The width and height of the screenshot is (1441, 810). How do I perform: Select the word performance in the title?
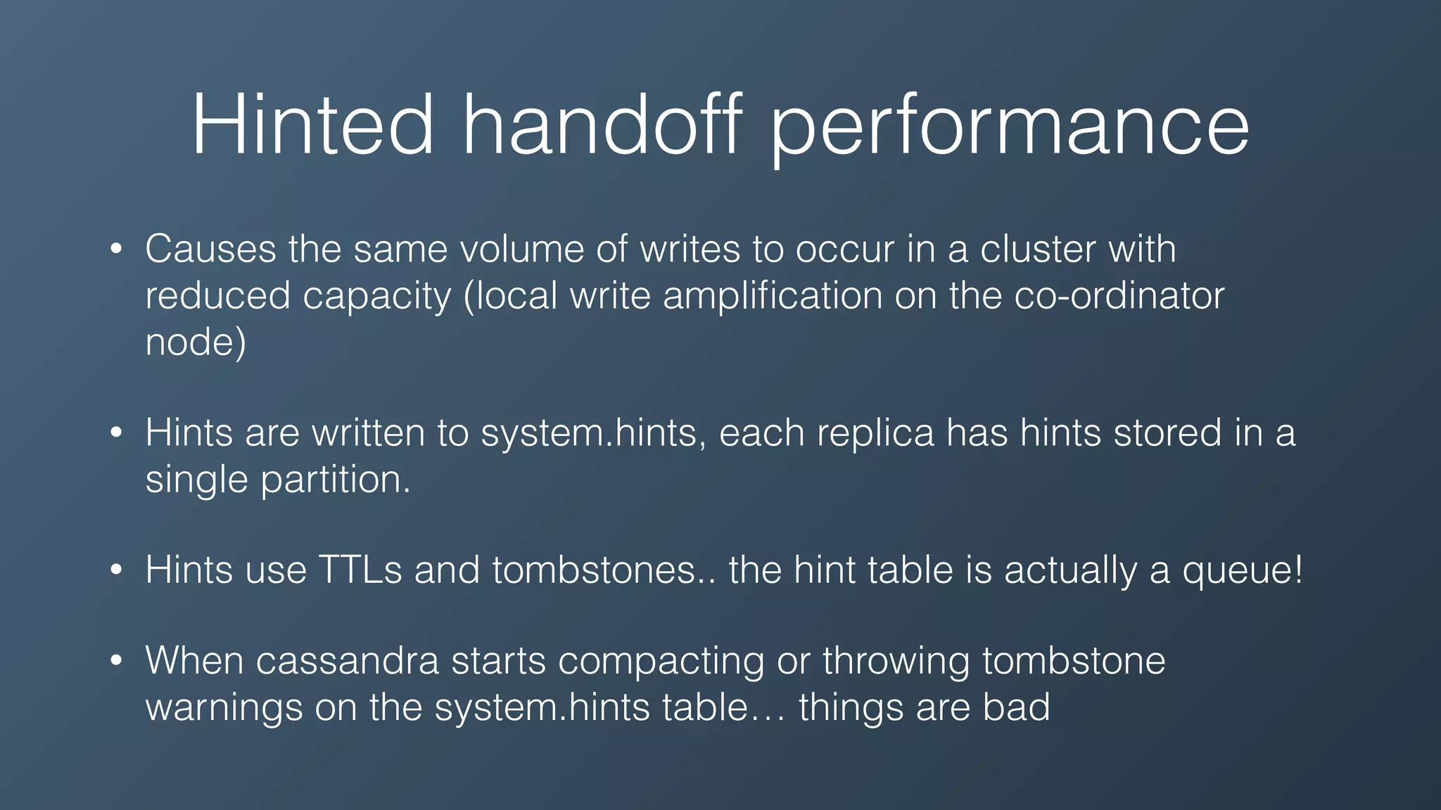tap(1010, 127)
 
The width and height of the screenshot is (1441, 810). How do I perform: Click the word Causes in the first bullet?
tap(210, 249)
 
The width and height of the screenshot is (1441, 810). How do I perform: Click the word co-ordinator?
tap(1119, 296)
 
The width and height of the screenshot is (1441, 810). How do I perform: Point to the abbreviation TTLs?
tap(360, 570)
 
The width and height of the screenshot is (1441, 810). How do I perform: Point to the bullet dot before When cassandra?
tap(117, 661)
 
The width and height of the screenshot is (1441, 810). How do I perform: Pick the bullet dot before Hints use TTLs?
tap(117, 570)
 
